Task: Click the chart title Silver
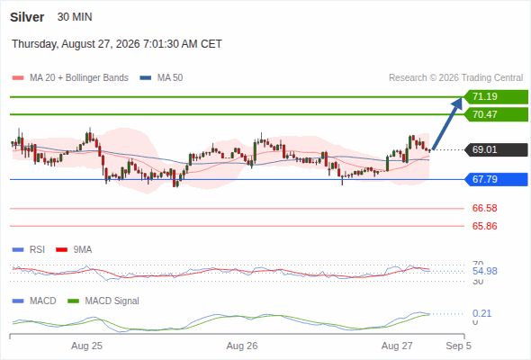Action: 27,17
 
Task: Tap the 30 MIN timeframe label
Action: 75,17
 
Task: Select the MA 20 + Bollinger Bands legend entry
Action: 70,78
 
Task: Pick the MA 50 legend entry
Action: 161,78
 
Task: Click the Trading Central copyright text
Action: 455,78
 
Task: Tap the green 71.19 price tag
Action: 496,97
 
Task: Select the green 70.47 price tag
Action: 496,114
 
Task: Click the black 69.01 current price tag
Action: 496,149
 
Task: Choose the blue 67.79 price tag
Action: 496,179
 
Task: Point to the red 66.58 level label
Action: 484,208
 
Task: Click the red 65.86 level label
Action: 484,226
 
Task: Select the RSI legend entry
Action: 29,250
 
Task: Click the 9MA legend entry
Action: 74,250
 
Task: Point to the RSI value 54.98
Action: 484,271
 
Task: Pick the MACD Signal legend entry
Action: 103,301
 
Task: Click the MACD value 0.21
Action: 481,313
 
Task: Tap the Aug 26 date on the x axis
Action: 242,346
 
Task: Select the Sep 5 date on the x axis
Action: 458,346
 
